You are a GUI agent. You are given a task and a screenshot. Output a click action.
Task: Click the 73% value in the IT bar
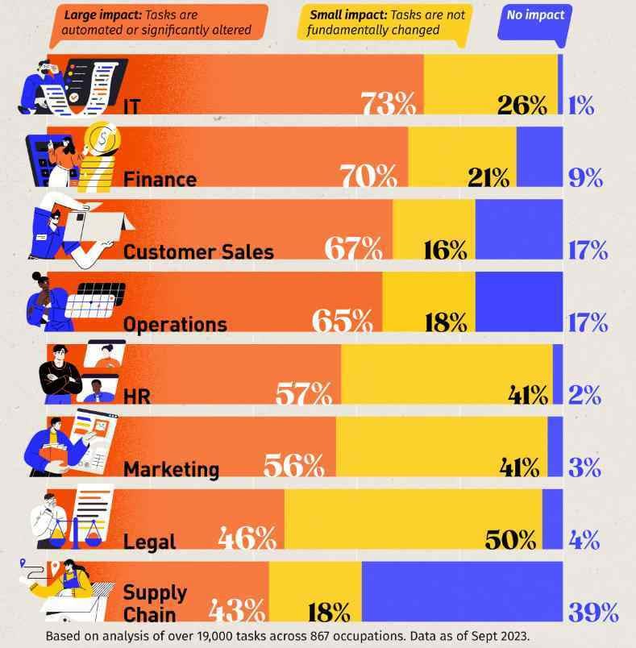point(389,104)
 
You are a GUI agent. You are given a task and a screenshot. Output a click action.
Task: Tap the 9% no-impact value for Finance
point(586,177)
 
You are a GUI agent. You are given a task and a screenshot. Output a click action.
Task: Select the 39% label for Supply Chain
point(592,612)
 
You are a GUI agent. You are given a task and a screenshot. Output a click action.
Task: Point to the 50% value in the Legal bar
point(510,539)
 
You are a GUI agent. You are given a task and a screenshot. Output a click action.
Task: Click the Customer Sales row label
point(198,251)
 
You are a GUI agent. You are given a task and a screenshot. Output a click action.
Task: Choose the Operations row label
point(175,324)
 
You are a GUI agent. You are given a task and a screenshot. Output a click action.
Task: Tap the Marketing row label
point(171,468)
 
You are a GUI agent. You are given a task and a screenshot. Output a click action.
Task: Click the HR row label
point(136,396)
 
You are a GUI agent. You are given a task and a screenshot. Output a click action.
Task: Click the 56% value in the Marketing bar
point(293,467)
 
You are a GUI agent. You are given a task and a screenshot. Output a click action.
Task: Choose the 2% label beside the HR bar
point(584,395)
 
